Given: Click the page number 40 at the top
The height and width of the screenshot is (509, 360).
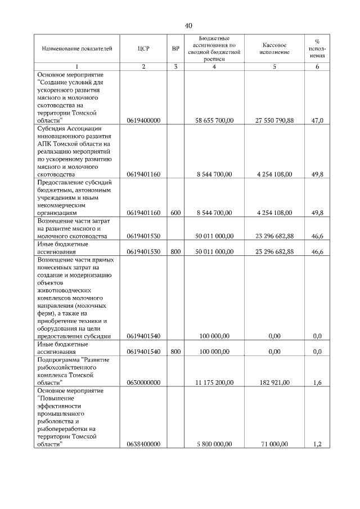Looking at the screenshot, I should click(188, 25).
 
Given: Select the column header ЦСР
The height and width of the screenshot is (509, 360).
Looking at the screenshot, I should click(143, 49).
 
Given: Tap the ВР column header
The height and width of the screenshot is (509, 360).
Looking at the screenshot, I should click(175, 49).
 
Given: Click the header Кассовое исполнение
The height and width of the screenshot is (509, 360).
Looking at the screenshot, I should click(274, 48).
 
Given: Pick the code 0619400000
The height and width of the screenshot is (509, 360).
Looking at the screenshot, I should click(144, 120).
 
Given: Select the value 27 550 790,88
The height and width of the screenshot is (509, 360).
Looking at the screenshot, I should click(274, 120).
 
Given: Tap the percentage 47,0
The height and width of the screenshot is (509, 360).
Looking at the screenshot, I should click(317, 120).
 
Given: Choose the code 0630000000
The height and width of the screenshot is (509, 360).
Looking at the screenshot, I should click(144, 382).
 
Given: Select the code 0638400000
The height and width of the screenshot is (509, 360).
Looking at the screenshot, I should click(144, 444).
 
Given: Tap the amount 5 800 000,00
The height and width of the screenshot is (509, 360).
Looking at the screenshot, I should click(214, 444).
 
